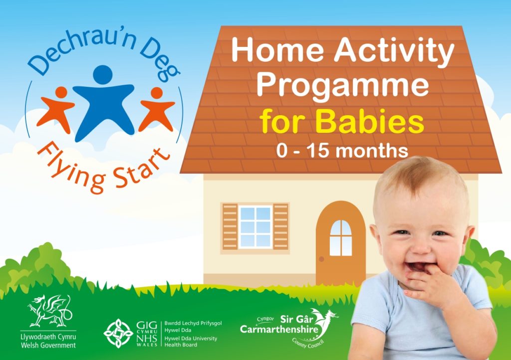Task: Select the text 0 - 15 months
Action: click(342, 150)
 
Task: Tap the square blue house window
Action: click(255, 226)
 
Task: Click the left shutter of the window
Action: click(230, 226)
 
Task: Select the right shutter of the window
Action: click(281, 226)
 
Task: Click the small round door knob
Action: click(321, 259)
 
